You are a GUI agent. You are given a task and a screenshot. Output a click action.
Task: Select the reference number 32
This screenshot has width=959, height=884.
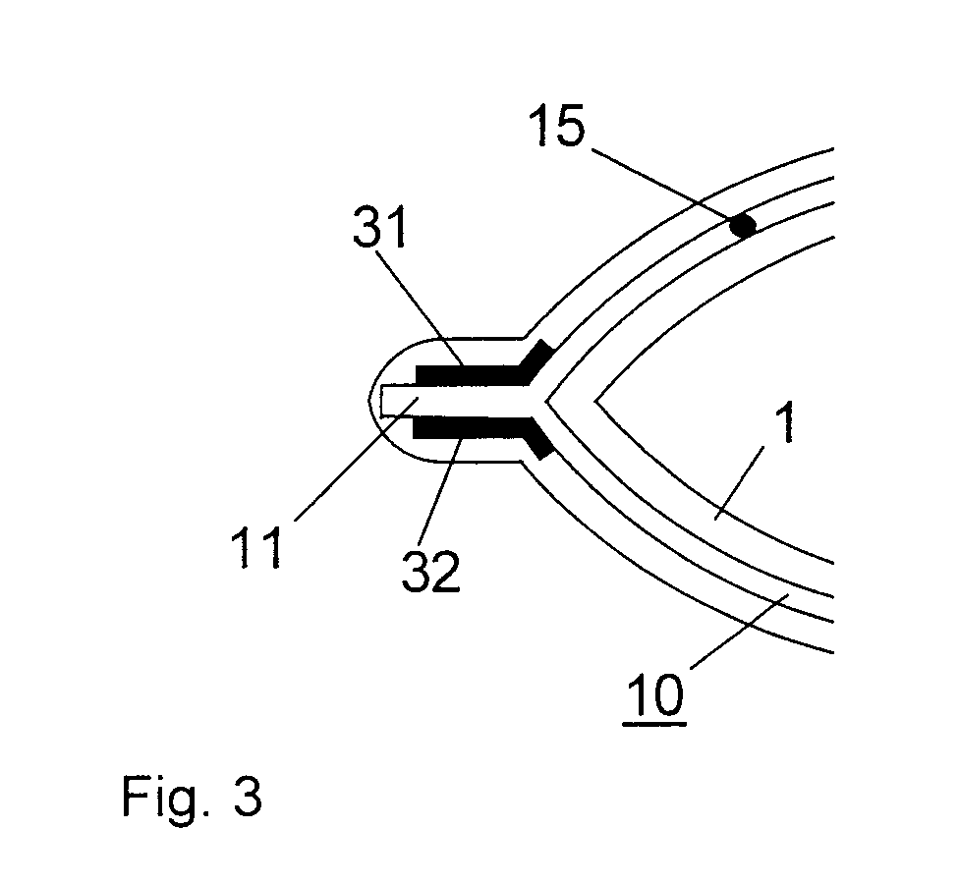pos(430,569)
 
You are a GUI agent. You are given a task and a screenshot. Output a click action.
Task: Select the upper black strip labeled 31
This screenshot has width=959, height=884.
pos(472,374)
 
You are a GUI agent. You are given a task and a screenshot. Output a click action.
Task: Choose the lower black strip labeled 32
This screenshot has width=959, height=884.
pos(472,427)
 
